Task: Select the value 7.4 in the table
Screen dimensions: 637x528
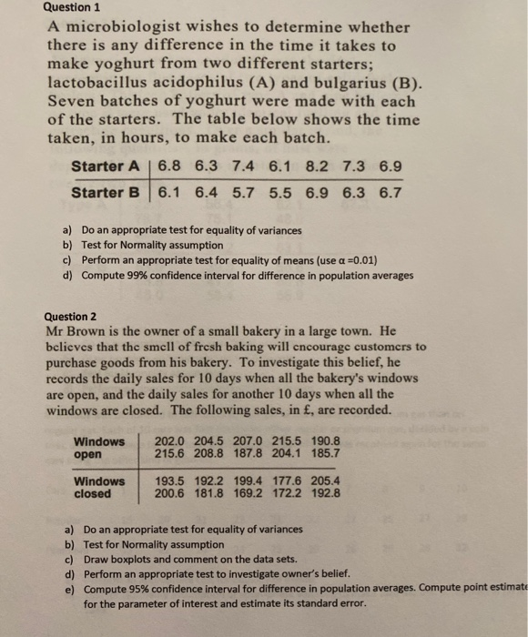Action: click(x=247, y=167)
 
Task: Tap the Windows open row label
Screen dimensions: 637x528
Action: click(x=99, y=448)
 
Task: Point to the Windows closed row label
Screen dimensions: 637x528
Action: click(x=99, y=488)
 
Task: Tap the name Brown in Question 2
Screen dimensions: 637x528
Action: click(x=91, y=330)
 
